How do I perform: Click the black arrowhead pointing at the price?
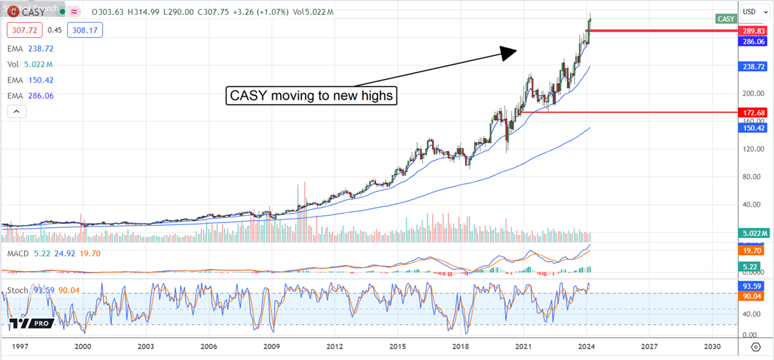pyautogui.click(x=508, y=52)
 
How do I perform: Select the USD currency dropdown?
pyautogui.click(x=751, y=11)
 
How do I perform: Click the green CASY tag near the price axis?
pyautogui.click(x=726, y=19)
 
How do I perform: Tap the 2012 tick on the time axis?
pyautogui.click(x=335, y=346)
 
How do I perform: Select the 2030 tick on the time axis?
pyautogui.click(x=712, y=346)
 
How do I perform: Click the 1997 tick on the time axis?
pyautogui.click(x=20, y=346)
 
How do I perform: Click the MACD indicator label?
pyautogui.click(x=18, y=254)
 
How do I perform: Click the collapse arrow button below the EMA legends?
pyautogui.click(x=16, y=112)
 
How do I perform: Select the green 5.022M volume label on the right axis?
pyautogui.click(x=753, y=233)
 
